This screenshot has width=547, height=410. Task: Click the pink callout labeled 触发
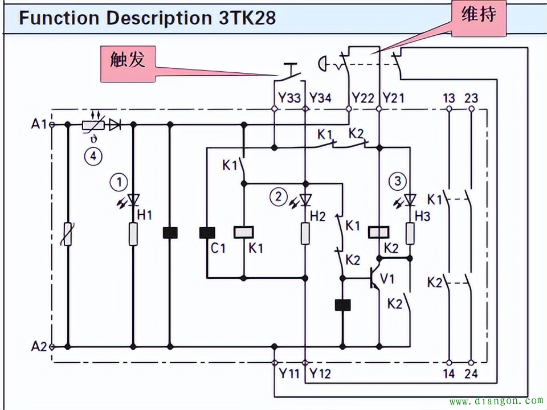128,64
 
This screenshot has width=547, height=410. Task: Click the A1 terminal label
38,124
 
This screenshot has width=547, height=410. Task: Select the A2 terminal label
38,347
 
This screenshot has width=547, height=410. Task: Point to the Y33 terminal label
289,98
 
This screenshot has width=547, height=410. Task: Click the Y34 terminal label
320,98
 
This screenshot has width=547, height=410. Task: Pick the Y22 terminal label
363,98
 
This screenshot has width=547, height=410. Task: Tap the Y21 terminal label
394,98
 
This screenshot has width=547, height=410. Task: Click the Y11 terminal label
289,374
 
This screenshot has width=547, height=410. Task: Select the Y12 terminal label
320,374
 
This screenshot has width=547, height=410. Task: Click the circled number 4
93,156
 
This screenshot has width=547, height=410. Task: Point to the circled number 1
119,182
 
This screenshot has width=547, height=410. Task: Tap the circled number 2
278,197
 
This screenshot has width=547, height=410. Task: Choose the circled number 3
397,181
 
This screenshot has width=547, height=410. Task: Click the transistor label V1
387,279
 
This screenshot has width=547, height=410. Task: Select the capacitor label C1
218,248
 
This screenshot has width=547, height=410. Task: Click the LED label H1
144,215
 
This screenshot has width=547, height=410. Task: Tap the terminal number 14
449,374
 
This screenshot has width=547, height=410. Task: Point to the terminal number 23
471,98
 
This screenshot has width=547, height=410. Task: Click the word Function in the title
59,18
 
